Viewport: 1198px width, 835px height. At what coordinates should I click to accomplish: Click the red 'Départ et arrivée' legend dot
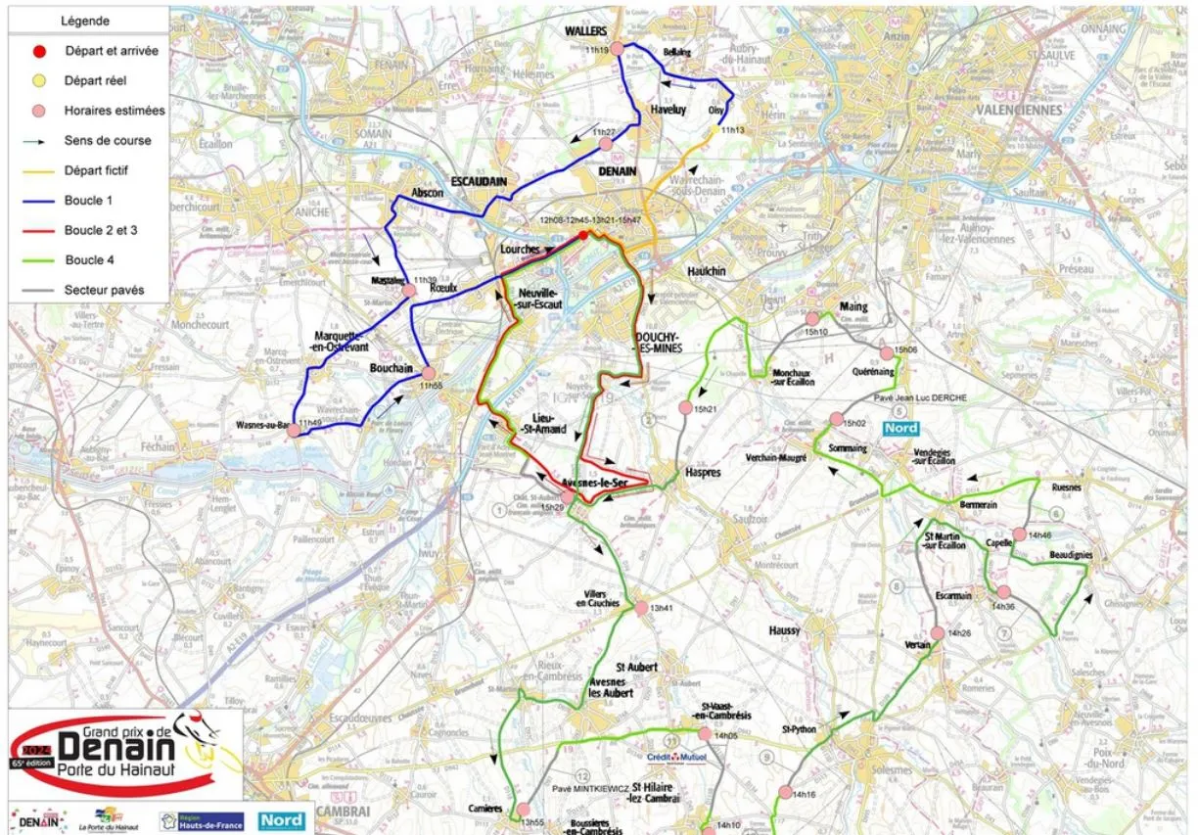click(x=38, y=51)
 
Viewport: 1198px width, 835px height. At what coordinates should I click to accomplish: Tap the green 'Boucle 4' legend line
click(x=38, y=260)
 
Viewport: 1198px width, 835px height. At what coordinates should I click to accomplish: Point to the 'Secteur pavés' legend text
click(x=104, y=290)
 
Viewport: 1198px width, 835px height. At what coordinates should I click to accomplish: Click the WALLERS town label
click(x=585, y=31)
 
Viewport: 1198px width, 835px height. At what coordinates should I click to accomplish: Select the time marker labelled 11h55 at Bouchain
click(x=429, y=373)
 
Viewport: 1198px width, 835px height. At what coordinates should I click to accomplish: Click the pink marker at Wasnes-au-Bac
click(x=293, y=429)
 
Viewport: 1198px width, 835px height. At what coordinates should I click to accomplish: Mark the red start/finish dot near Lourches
click(x=583, y=235)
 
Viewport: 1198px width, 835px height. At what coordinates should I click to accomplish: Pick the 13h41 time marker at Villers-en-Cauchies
click(x=641, y=608)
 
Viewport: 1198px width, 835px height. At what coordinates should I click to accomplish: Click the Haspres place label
click(x=703, y=473)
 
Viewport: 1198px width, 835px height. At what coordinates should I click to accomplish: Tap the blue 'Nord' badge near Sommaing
click(x=900, y=428)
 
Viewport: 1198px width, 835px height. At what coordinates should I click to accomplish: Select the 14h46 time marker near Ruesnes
click(x=1019, y=534)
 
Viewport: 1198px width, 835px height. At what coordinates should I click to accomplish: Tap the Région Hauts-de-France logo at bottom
click(x=201, y=820)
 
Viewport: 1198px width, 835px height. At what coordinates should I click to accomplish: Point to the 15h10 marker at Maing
click(x=811, y=318)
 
